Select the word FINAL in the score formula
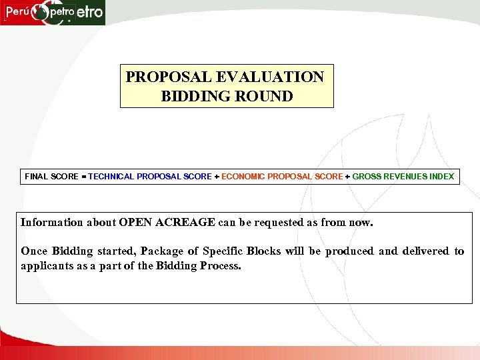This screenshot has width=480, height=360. [37, 177]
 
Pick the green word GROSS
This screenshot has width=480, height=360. [367, 177]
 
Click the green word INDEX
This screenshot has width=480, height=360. [441, 177]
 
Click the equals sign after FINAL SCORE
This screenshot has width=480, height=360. [83, 177]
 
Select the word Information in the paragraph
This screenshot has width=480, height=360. [52, 222]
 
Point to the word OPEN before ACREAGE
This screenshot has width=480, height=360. [137, 222]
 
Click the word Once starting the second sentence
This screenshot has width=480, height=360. [34, 251]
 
